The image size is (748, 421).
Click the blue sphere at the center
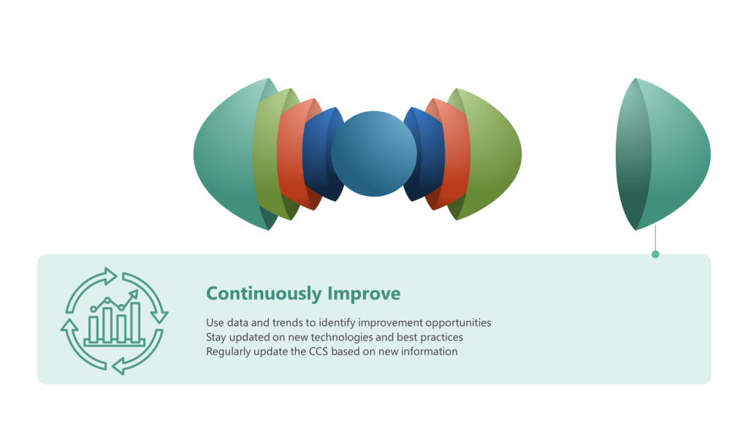[374, 153]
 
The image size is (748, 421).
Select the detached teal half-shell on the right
[663, 154]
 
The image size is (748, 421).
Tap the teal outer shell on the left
[224, 154]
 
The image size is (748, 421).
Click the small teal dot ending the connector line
[655, 254]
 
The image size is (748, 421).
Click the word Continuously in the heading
[264, 294]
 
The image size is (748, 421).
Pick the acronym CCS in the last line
[318, 352]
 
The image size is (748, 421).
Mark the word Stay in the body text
[216, 338]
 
